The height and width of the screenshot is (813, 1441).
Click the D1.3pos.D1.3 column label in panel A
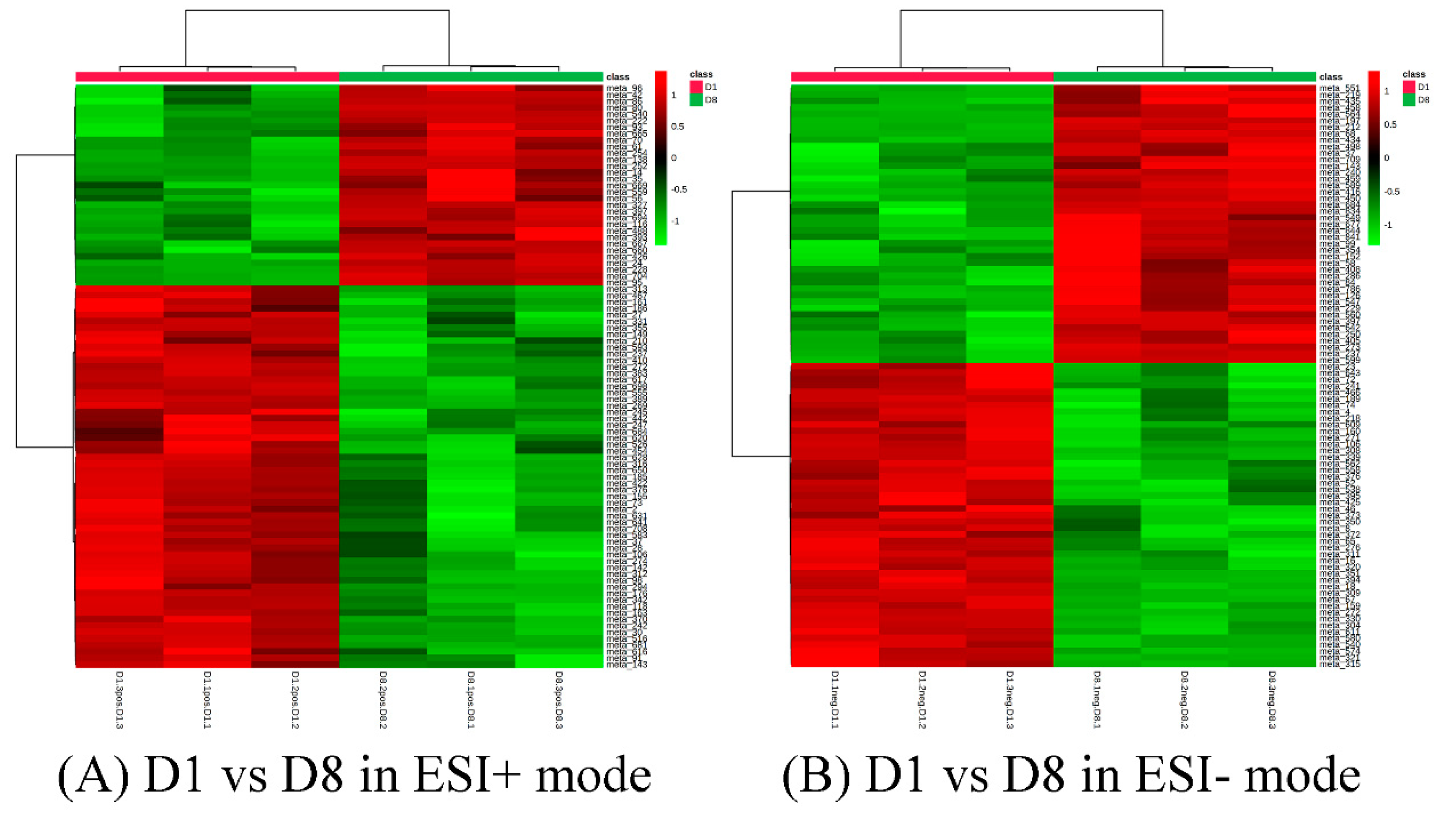[119, 700]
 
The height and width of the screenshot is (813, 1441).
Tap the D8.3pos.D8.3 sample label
[559, 700]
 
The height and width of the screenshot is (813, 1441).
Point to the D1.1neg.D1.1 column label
[834, 700]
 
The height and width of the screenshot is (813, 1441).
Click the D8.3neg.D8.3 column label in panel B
[1273, 700]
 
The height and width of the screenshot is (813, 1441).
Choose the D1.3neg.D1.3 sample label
[1010, 700]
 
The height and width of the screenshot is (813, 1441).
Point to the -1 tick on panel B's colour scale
[1388, 225]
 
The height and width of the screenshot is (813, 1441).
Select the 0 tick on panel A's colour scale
[674, 158]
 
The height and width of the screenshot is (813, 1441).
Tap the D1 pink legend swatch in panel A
[695, 87]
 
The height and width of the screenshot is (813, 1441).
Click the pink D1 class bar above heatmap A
[207, 77]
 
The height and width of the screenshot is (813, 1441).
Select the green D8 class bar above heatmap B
[1185, 77]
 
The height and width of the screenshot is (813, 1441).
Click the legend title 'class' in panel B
[1414, 74]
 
